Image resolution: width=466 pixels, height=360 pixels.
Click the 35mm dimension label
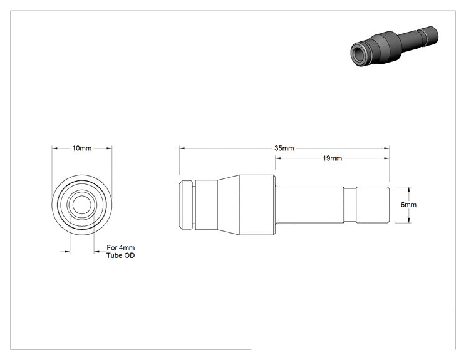click(284, 148)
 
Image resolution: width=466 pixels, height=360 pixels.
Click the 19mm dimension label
click(332, 158)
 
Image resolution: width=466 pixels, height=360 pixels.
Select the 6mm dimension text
click(408, 205)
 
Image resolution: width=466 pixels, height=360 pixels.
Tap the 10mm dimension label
click(81, 148)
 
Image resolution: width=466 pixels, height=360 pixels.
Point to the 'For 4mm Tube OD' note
click(121, 252)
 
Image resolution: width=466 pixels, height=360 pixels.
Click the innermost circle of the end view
click(81, 205)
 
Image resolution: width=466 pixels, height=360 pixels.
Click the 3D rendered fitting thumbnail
click(394, 46)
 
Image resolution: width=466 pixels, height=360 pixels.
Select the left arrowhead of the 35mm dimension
click(182, 148)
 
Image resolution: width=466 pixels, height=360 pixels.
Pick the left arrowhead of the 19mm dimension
click(278, 158)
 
